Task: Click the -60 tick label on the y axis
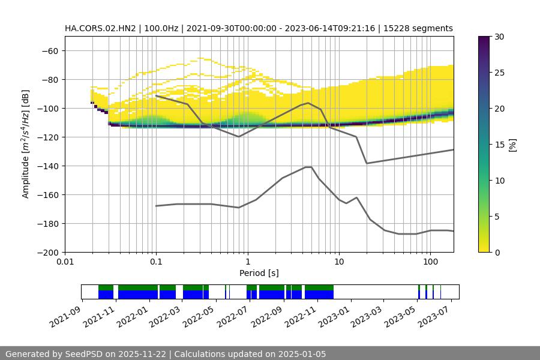tap(49, 50)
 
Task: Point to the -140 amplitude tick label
tap(47, 166)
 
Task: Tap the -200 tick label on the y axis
tap(47, 252)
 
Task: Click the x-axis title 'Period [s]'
tap(259, 273)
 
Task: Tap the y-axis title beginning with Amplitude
tap(26, 144)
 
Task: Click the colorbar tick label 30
tap(499, 37)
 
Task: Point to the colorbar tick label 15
tap(499, 145)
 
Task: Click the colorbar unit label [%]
tap(512, 144)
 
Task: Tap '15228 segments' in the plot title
tap(418, 28)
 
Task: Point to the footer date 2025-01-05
tap(299, 354)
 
